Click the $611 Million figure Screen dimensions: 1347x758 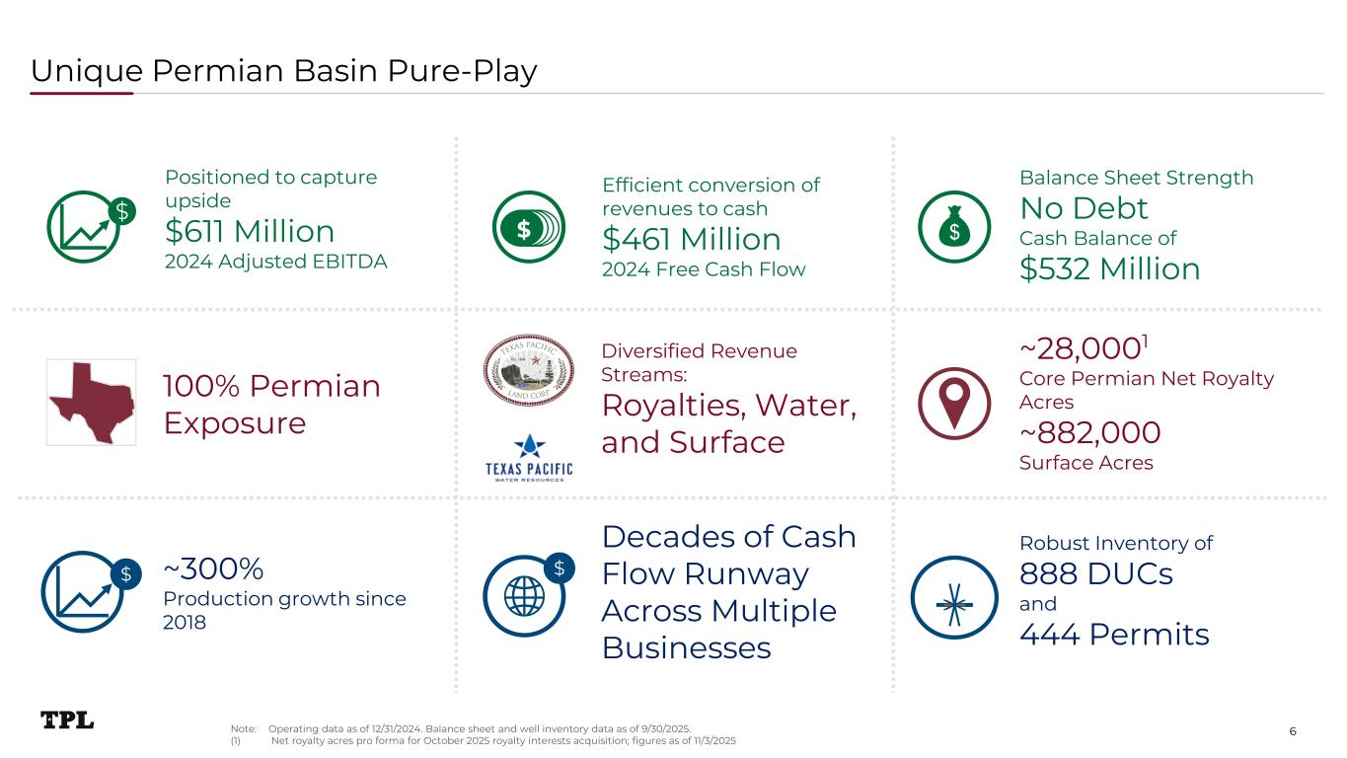250,231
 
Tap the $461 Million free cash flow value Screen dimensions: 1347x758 692,239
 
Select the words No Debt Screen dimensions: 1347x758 1084,208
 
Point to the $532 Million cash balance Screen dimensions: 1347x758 1109,268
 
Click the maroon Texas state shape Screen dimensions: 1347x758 92,402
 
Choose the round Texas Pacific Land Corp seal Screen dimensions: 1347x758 529,370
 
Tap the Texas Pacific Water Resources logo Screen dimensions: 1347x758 529,458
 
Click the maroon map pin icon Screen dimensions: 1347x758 954,403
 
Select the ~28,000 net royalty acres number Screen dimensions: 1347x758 1080,348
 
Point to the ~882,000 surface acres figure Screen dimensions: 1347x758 1090,432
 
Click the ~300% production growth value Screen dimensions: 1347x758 213,568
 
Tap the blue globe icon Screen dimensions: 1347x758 524,595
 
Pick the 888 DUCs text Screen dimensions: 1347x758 1096,573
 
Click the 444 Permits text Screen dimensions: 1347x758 1114,634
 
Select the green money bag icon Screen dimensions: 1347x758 954,227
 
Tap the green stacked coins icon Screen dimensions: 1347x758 529,227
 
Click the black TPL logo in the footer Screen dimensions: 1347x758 67,720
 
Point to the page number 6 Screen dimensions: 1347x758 1293,731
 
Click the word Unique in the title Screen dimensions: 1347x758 87,71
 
